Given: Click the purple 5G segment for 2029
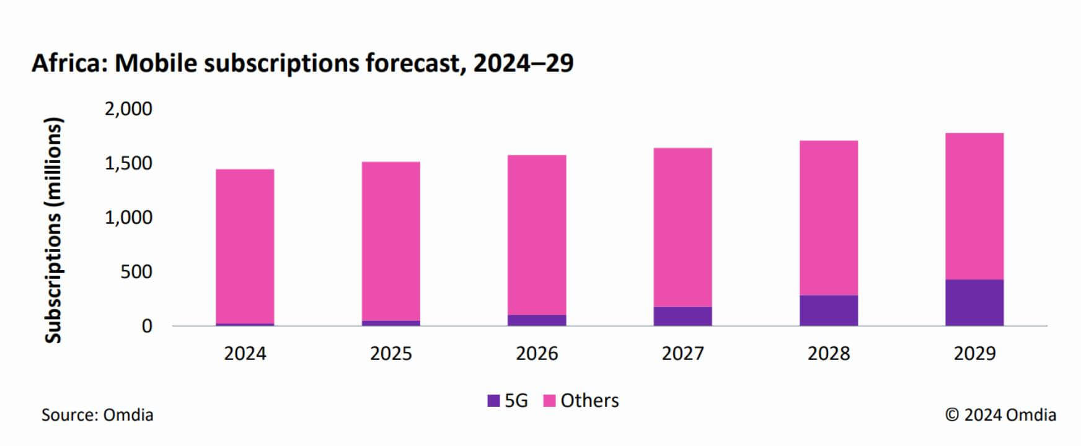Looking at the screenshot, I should tap(974, 302).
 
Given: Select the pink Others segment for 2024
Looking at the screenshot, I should tap(245, 246).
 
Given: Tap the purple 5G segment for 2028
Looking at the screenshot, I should tap(828, 310).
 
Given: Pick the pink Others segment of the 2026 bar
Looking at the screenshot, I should tap(537, 235).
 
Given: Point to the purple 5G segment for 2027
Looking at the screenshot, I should tap(682, 316).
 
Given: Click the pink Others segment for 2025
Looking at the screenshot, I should tap(390, 241).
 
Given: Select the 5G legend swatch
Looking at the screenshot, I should tap(493, 401).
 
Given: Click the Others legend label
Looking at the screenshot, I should tap(589, 401).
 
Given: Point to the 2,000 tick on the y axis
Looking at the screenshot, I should tap(128, 109).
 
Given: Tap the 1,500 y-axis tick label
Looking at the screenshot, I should tap(128, 164).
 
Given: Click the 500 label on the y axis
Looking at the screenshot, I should tap(136, 272).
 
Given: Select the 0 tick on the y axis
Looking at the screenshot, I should tap(146, 326).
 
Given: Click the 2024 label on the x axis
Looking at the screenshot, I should tap(245, 354).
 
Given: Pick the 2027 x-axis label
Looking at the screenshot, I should tap(682, 354).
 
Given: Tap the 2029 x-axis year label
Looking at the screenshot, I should tap(974, 354).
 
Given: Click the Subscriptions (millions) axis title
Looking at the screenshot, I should tap(54, 230).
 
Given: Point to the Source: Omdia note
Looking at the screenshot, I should tap(97, 415).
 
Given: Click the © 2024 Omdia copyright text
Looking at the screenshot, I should tap(1000, 415).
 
